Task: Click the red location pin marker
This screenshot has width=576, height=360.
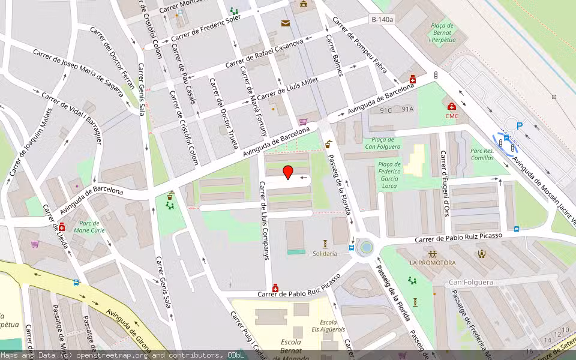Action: [288, 172]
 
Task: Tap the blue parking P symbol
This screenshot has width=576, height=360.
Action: [520, 125]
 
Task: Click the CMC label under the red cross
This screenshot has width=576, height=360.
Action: [451, 116]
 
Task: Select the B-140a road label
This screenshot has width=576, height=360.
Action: [382, 20]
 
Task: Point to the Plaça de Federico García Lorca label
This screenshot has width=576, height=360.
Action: [389, 175]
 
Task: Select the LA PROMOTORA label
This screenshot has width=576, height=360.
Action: [433, 263]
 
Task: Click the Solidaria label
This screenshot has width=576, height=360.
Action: [325, 254]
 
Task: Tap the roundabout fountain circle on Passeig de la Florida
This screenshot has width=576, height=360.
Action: [365, 247]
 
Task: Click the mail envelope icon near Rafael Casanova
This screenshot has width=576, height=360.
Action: [286, 23]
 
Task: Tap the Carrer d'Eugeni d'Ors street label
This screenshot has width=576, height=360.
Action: [445, 183]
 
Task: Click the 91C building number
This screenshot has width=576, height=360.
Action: [385, 110]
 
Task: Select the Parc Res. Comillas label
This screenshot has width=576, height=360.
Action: [482, 154]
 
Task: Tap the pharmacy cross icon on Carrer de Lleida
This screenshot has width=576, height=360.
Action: [61, 227]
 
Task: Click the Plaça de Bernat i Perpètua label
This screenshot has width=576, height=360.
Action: [443, 32]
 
